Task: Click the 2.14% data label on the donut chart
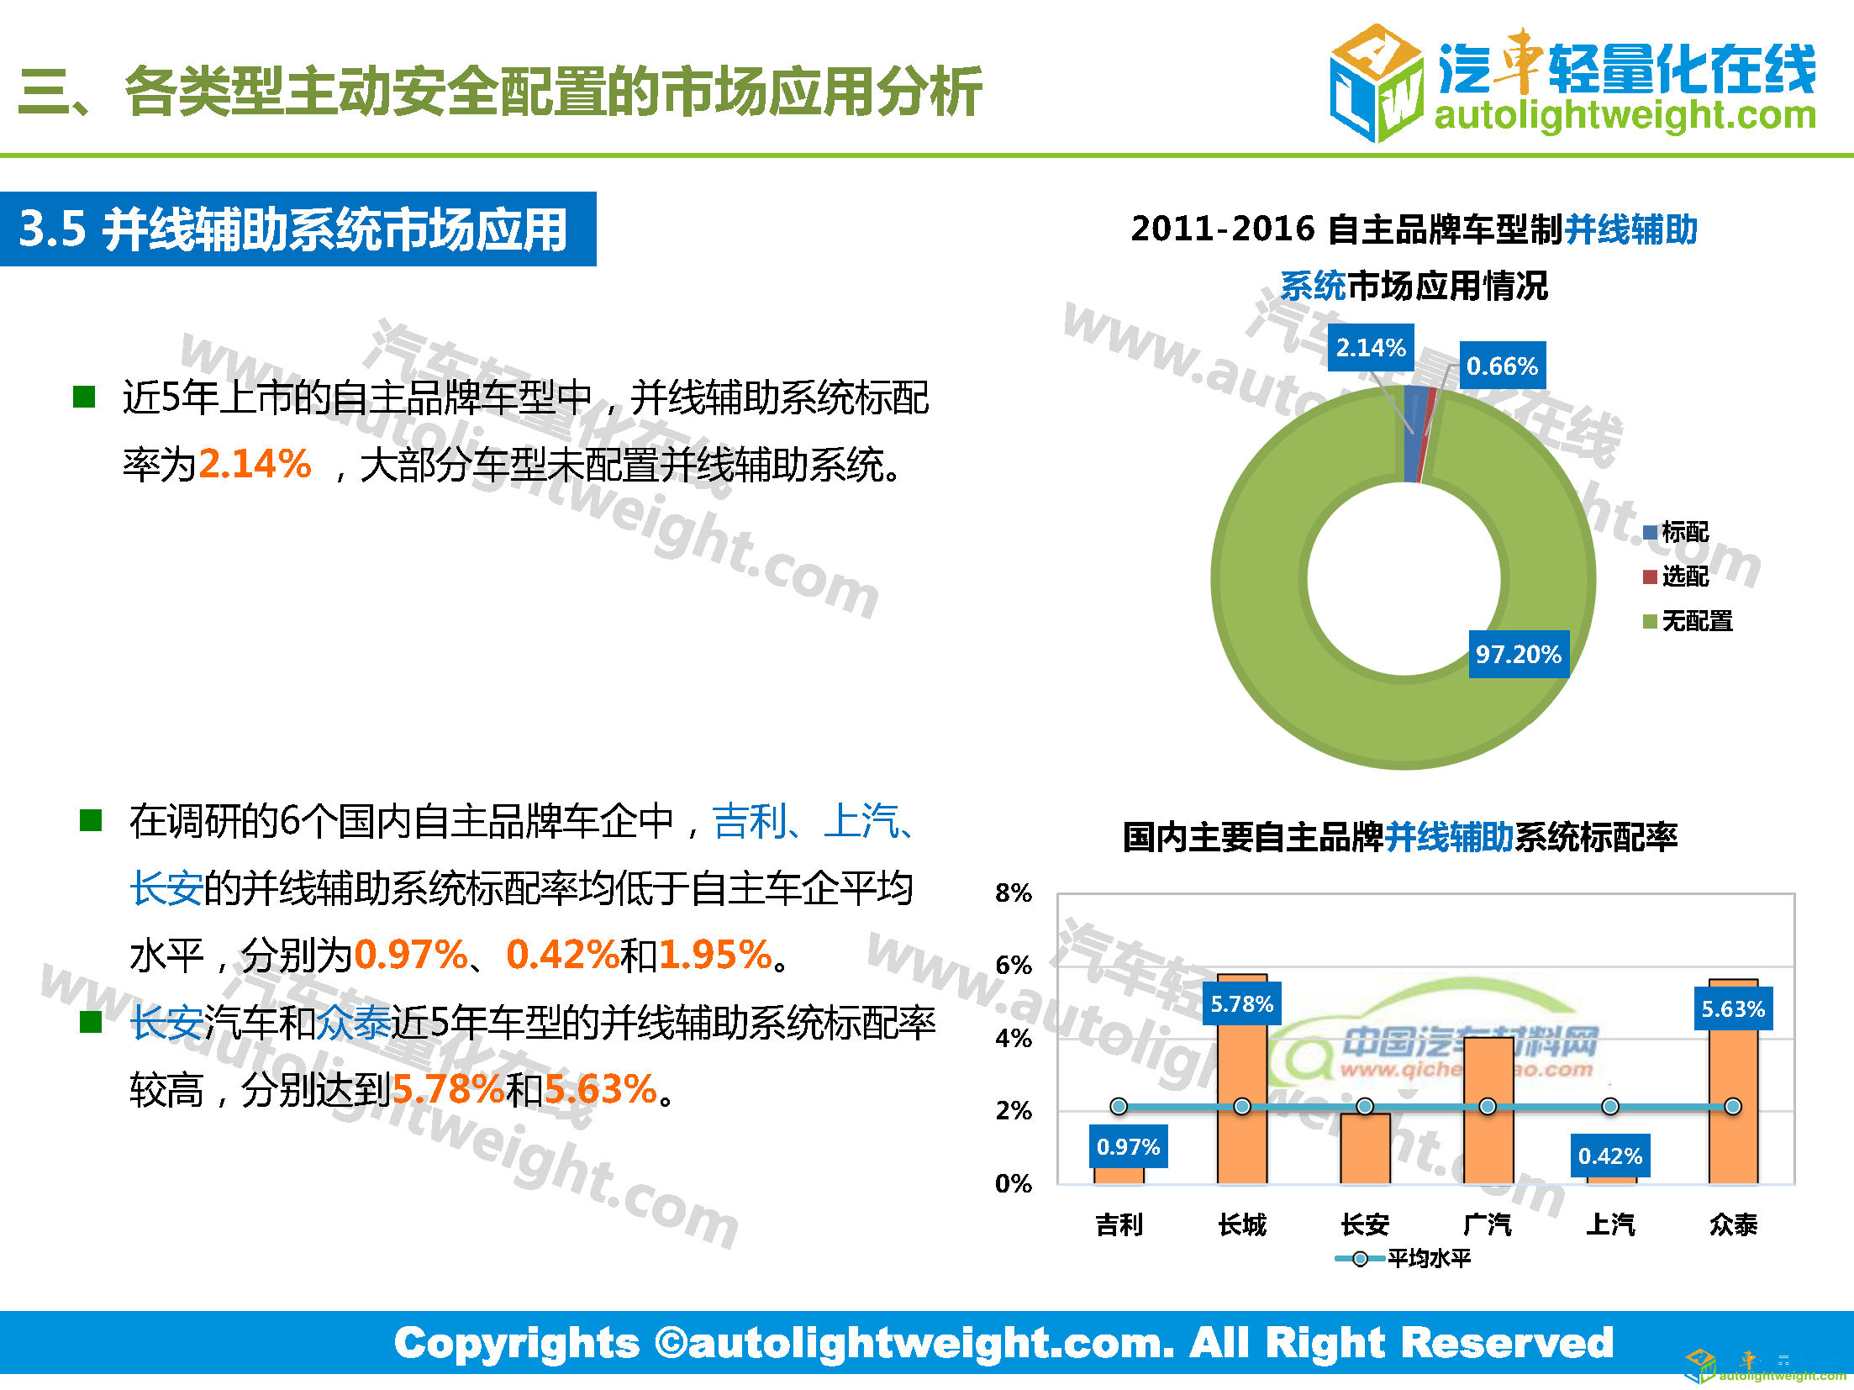pos(1371,347)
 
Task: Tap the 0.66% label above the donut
pos(1502,366)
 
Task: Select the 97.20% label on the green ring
pos(1518,654)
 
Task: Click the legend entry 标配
pos(1677,532)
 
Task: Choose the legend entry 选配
pos(1677,577)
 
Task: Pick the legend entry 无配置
pos(1688,621)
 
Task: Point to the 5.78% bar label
pos(1241,1003)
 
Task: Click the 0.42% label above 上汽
pos(1609,1156)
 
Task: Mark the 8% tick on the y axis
pos(1013,892)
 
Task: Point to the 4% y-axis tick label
pos(1013,1038)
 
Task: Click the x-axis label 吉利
pos(1119,1224)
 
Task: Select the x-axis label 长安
pos(1365,1224)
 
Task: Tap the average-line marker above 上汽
pos(1610,1106)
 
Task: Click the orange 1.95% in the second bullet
pos(715,955)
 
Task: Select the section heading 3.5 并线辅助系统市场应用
pos(294,229)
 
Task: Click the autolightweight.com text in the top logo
pos(1625,115)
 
